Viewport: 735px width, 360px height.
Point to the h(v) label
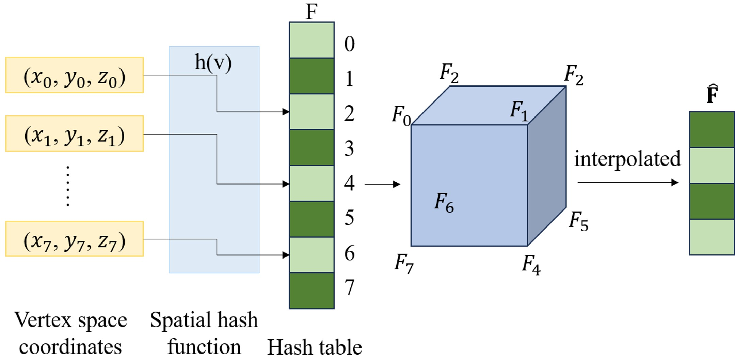point(213,63)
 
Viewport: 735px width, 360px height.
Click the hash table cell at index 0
point(311,40)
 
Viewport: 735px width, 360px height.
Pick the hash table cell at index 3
point(311,147)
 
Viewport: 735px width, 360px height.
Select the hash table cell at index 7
point(311,291)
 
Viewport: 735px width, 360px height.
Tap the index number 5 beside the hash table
point(349,218)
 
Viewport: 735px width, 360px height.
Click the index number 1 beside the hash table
point(349,79)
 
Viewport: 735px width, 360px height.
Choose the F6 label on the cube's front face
point(444,202)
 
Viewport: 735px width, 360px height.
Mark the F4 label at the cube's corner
point(531,265)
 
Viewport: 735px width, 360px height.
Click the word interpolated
point(627,159)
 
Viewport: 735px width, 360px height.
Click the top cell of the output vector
point(712,130)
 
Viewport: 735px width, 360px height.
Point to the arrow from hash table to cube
point(382,184)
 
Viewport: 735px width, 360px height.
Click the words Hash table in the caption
point(315,347)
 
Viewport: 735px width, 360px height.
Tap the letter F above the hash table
point(311,12)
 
